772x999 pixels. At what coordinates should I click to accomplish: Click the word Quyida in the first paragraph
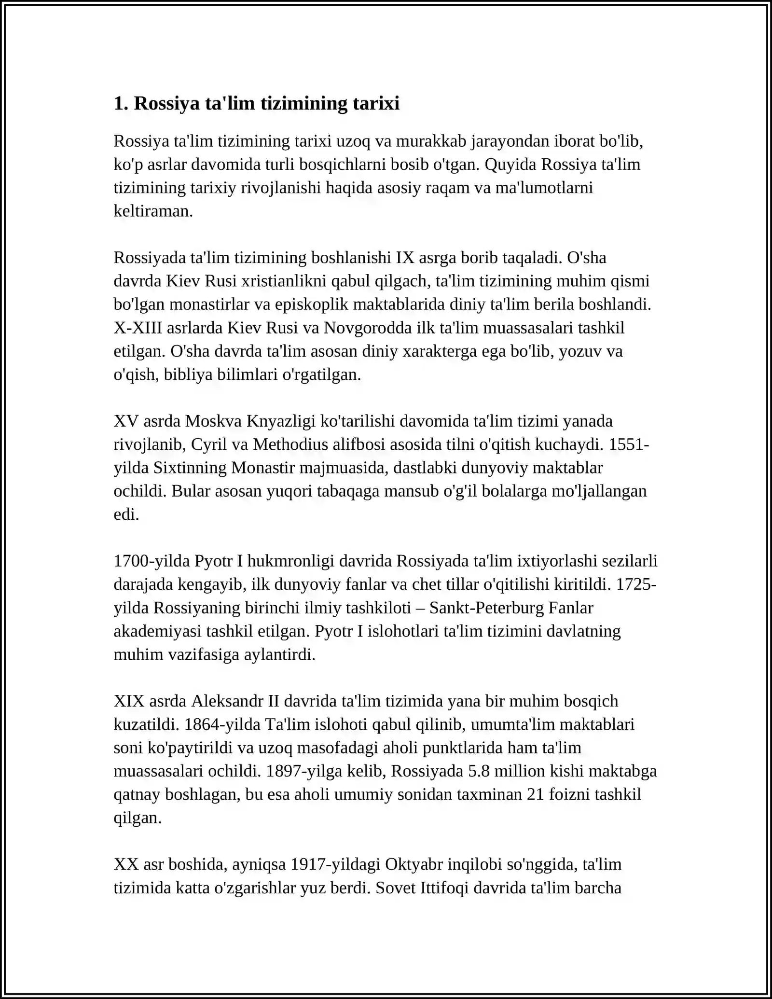pyautogui.click(x=510, y=165)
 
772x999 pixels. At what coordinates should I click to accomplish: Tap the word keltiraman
pyautogui.click(x=153, y=211)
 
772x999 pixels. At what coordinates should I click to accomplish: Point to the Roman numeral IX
pyautogui.click(x=405, y=258)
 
